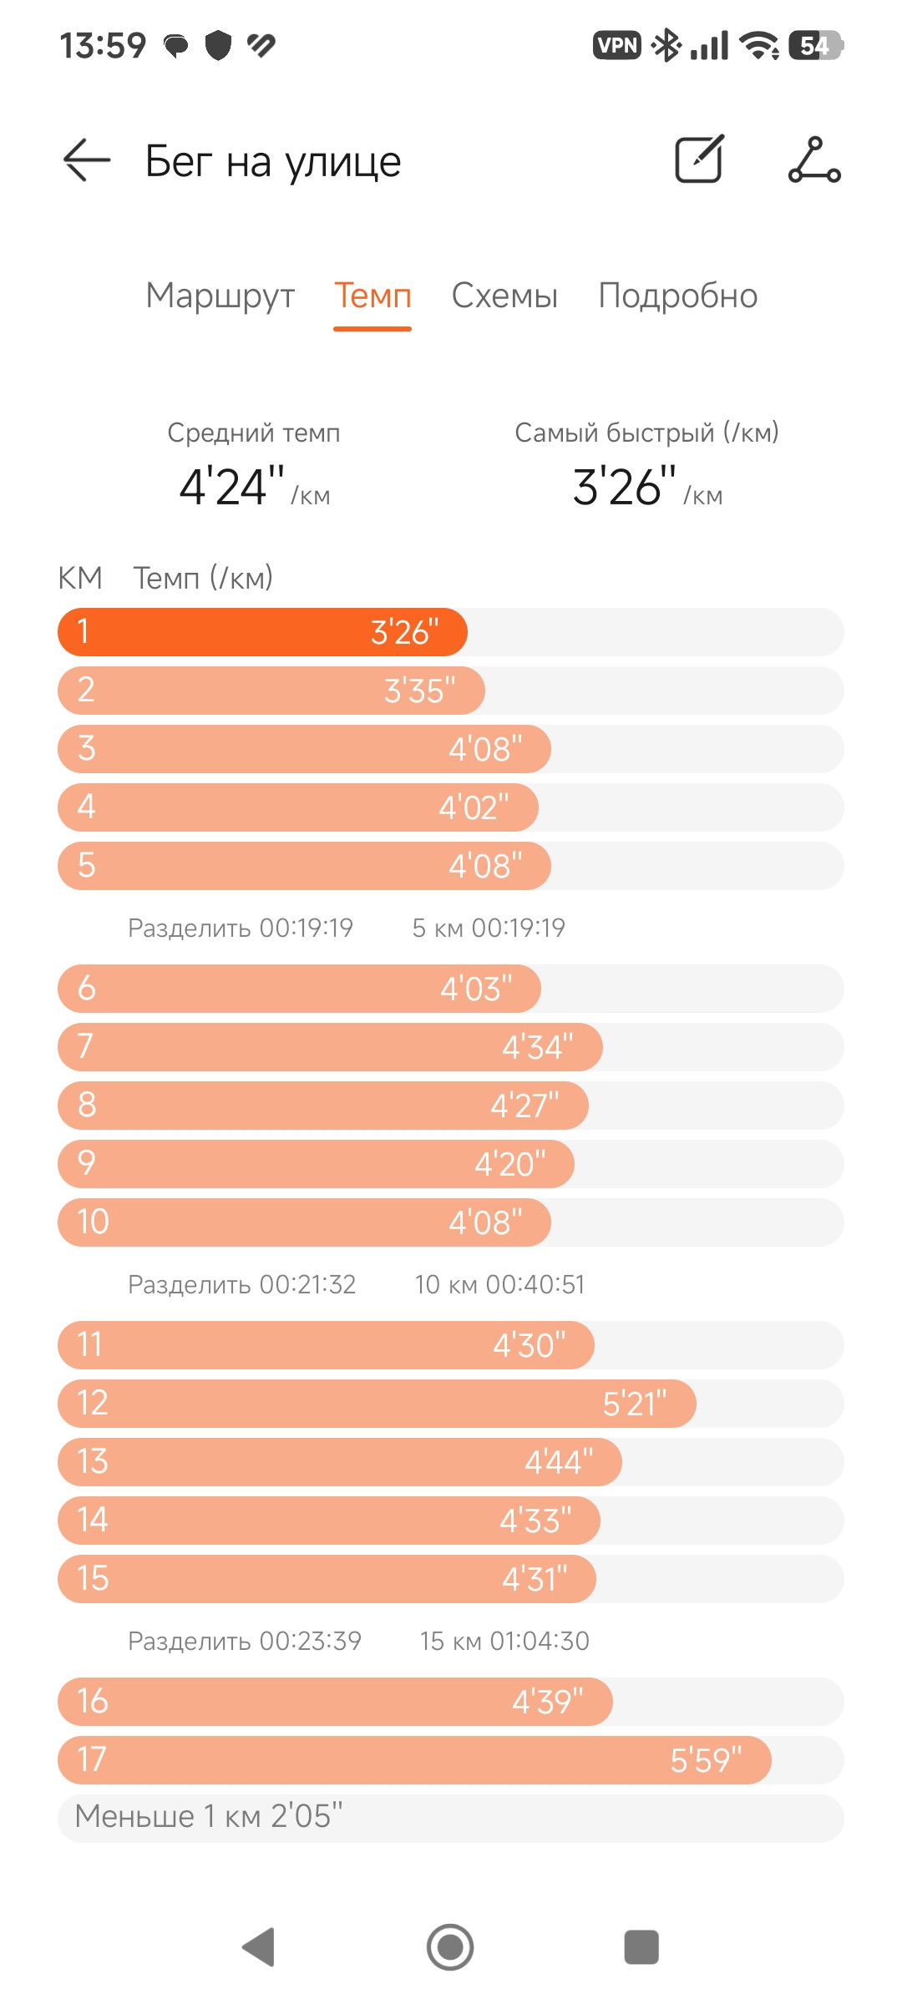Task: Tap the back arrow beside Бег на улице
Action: (x=87, y=159)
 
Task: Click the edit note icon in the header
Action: (x=699, y=159)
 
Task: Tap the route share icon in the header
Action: (x=814, y=159)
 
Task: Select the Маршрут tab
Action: (x=220, y=296)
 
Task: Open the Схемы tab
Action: (x=504, y=296)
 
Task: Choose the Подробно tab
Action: (x=678, y=296)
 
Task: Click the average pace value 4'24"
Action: (x=232, y=487)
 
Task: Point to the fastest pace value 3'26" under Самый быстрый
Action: (x=625, y=487)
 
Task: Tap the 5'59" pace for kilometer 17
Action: (x=706, y=1760)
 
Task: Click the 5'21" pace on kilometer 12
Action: (x=635, y=1404)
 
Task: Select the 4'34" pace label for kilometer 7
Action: (x=538, y=1047)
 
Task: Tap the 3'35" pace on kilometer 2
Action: (x=420, y=691)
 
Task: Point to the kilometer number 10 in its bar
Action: (x=93, y=1222)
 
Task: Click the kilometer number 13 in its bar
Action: (x=93, y=1461)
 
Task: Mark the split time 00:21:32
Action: (x=308, y=1284)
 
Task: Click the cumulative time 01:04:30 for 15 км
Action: (x=540, y=1641)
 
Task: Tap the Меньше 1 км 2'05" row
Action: (x=451, y=1818)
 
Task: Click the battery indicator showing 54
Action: (x=816, y=45)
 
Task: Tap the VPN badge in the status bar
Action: (x=617, y=45)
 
